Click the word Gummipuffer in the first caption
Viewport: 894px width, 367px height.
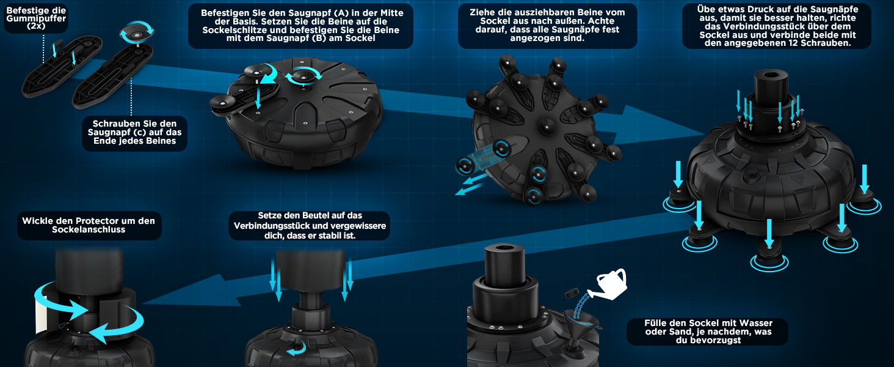[36, 18]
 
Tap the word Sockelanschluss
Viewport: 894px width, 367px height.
[89, 229]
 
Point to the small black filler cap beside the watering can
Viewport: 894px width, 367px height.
[572, 292]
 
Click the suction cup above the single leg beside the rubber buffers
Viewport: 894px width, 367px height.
[137, 32]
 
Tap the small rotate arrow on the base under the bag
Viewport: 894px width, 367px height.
[297, 349]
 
